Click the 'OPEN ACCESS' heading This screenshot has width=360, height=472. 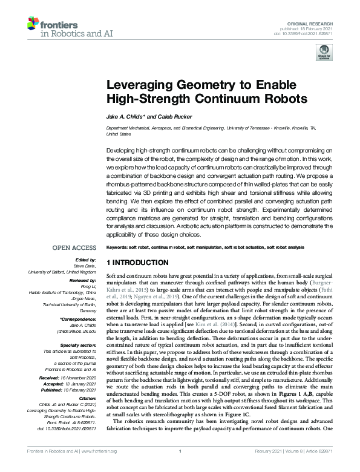tap(74, 247)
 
